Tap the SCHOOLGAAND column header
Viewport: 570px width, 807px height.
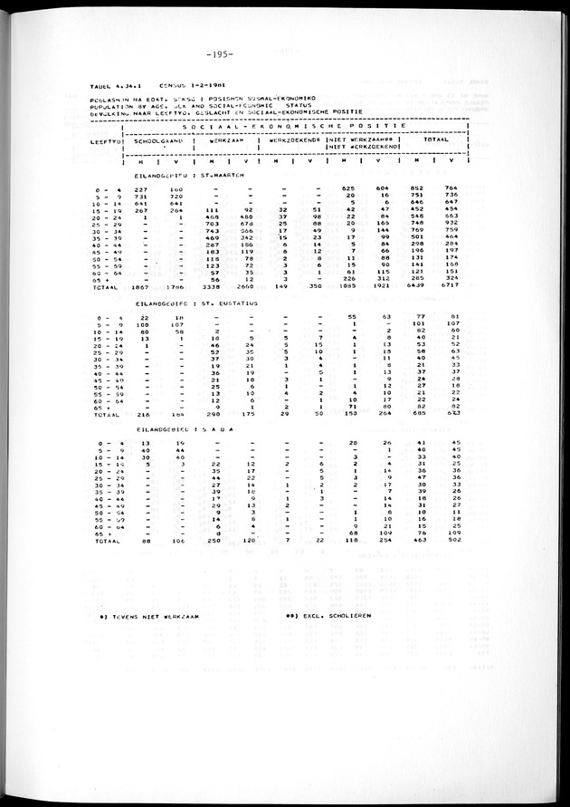(x=159, y=142)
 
